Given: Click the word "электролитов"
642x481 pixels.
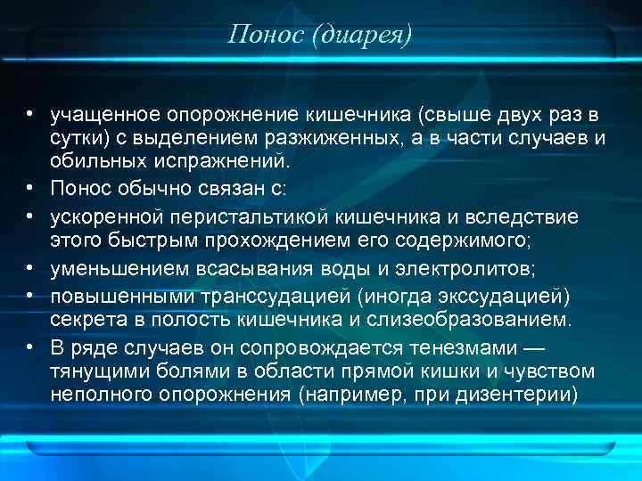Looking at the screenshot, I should point(462,269).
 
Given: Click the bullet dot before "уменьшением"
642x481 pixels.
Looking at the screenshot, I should point(30,269).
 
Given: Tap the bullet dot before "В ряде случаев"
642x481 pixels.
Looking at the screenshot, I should point(30,346).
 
